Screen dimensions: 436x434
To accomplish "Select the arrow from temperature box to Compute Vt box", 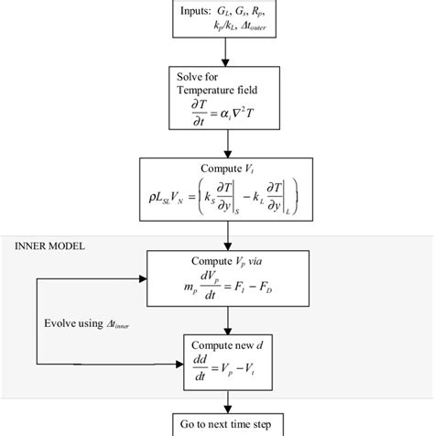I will (x=217, y=146).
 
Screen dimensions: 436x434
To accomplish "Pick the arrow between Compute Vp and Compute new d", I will (x=217, y=320).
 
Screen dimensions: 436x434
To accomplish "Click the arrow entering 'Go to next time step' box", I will (x=217, y=403).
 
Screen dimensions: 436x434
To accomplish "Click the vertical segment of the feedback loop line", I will (x=36, y=321).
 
